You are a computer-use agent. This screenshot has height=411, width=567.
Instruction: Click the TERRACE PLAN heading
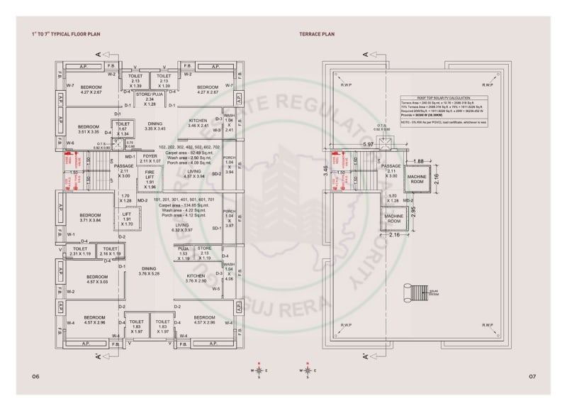pyautogui.click(x=318, y=33)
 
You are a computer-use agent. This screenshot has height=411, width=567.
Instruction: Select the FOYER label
pyautogui.click(x=150, y=158)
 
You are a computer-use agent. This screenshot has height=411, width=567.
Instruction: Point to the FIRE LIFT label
pyautogui.click(x=150, y=178)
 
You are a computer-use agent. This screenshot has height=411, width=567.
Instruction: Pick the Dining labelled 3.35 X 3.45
pyautogui.click(x=155, y=126)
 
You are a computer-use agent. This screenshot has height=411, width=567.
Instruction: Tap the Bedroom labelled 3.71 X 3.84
pyautogui.click(x=90, y=218)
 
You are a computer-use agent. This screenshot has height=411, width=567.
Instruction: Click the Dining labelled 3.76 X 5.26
pyautogui.click(x=148, y=270)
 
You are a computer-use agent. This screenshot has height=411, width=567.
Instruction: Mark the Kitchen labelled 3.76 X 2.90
pyautogui.click(x=196, y=278)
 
